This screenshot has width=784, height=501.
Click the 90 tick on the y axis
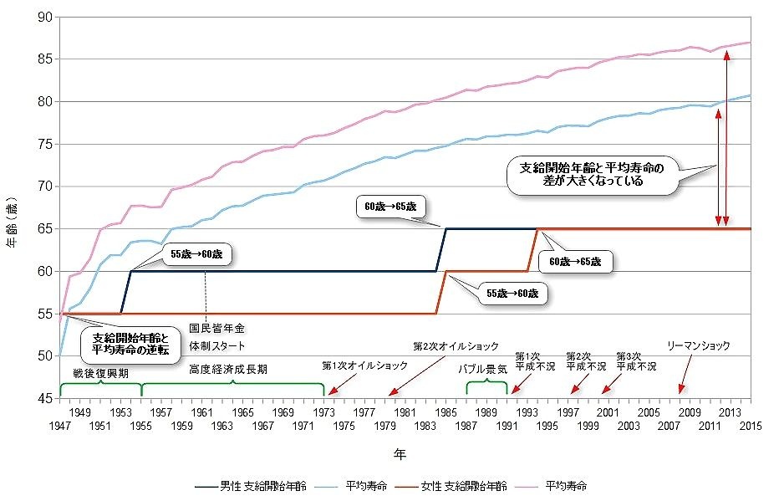[43, 17]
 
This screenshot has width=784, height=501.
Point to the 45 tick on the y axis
[43, 399]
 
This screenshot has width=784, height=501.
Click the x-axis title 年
[401, 454]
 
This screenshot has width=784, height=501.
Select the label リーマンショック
[699, 345]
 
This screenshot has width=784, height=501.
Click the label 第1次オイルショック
[365, 366]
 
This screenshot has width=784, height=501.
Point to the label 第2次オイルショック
[456, 345]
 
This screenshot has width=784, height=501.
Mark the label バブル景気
[485, 368]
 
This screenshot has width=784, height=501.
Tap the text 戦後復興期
[100, 373]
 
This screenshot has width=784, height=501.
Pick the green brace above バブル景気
[486, 385]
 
